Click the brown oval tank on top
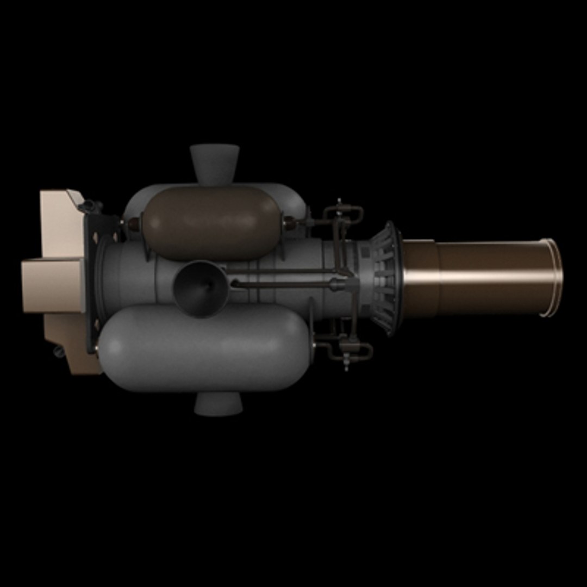[212, 223]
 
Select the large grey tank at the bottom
[204, 348]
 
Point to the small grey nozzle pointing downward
[218, 403]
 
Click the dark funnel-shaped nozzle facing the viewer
[201, 288]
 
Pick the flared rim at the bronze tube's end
[552, 277]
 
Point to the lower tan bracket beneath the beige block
[71, 342]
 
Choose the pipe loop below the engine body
[348, 348]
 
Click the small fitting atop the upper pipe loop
[340, 202]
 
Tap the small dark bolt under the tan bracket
[58, 352]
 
